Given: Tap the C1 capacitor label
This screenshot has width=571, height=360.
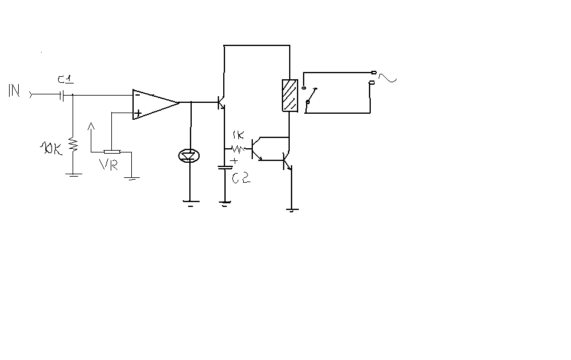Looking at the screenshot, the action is (x=65, y=79).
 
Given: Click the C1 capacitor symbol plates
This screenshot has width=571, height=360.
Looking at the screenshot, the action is (x=62, y=96).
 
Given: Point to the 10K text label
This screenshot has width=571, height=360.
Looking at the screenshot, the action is (x=50, y=148).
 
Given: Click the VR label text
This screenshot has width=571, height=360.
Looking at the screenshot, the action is (x=108, y=165).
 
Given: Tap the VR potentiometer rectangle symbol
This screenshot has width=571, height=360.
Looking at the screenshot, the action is (x=112, y=152).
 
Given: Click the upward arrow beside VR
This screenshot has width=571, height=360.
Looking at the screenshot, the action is (x=91, y=137).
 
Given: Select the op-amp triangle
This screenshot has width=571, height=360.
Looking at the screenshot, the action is (x=156, y=104).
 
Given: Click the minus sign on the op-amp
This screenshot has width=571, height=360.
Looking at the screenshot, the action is (x=137, y=95).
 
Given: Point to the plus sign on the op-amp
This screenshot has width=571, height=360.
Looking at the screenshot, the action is (x=138, y=113).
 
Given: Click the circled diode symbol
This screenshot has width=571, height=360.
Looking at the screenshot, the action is (x=189, y=156).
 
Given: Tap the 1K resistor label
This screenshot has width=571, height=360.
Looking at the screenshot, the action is (x=238, y=136).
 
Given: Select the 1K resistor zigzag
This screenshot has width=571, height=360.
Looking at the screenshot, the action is (x=238, y=149).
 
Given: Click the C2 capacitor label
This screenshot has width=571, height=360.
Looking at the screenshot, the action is (x=241, y=177).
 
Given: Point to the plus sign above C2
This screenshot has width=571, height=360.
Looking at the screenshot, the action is (x=235, y=160).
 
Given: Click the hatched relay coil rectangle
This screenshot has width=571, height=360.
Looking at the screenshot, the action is (x=290, y=96).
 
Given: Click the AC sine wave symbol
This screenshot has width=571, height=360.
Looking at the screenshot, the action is (x=388, y=77).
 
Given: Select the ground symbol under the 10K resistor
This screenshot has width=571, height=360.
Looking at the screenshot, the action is (x=73, y=175).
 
